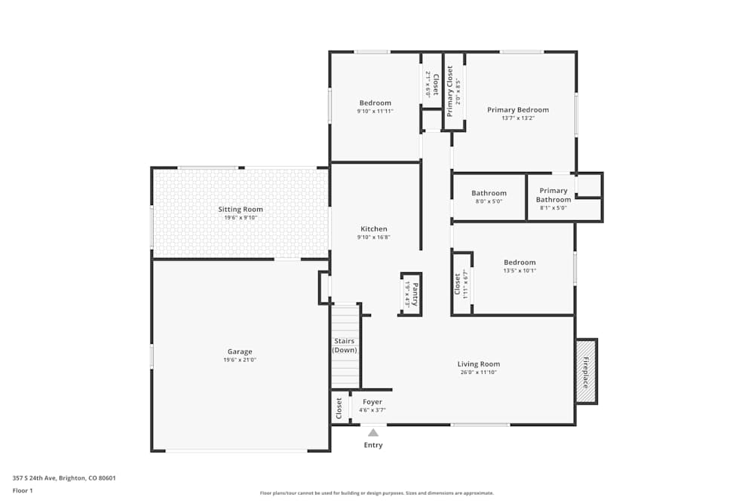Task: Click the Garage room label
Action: point(240,351)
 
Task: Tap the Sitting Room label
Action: point(241,209)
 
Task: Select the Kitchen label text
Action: point(374,229)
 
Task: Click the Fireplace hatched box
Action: point(587,371)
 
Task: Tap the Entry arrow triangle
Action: point(373,432)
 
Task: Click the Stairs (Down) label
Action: point(345,345)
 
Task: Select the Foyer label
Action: point(372,402)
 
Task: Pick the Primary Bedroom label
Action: point(518,109)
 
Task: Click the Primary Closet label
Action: point(450,91)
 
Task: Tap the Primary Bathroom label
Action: point(553,195)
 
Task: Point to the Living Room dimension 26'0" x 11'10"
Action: point(479,373)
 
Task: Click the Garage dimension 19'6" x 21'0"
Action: point(240,360)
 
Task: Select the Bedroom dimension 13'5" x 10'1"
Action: point(520,271)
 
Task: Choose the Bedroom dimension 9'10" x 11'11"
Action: point(375,111)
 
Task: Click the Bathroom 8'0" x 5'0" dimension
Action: point(489,201)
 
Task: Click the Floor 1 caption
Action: point(23,490)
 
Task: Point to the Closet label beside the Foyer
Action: point(339,408)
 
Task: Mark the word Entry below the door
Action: point(373,445)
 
